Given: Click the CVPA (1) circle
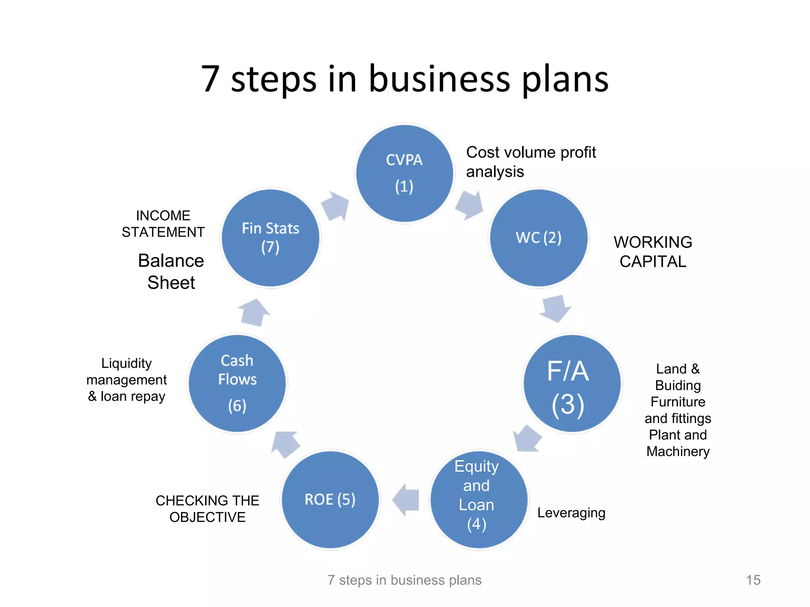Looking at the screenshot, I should (x=404, y=173).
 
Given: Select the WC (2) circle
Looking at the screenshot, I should (x=539, y=238).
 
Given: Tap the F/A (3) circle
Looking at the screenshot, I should (x=572, y=383).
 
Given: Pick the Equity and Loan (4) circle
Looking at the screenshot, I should (x=479, y=499).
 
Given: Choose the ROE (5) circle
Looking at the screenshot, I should (x=330, y=499).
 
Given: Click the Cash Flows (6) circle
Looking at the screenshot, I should (x=237, y=383).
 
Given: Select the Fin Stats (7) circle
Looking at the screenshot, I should (x=271, y=238).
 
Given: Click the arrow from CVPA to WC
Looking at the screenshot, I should (x=470, y=205).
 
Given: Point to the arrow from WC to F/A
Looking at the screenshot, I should (x=556, y=308).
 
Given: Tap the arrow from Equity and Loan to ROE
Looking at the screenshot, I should (x=406, y=500).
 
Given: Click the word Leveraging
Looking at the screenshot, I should (x=571, y=513).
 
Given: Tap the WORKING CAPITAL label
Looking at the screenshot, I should (x=653, y=252).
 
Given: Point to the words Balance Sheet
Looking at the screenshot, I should (x=171, y=271).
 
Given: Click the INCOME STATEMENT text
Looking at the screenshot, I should (x=163, y=224).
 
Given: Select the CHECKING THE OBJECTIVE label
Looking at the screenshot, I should (x=207, y=508).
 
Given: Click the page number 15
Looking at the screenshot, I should (x=753, y=580).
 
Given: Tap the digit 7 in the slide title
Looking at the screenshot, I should (x=210, y=79).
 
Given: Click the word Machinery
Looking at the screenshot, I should (x=678, y=451).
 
